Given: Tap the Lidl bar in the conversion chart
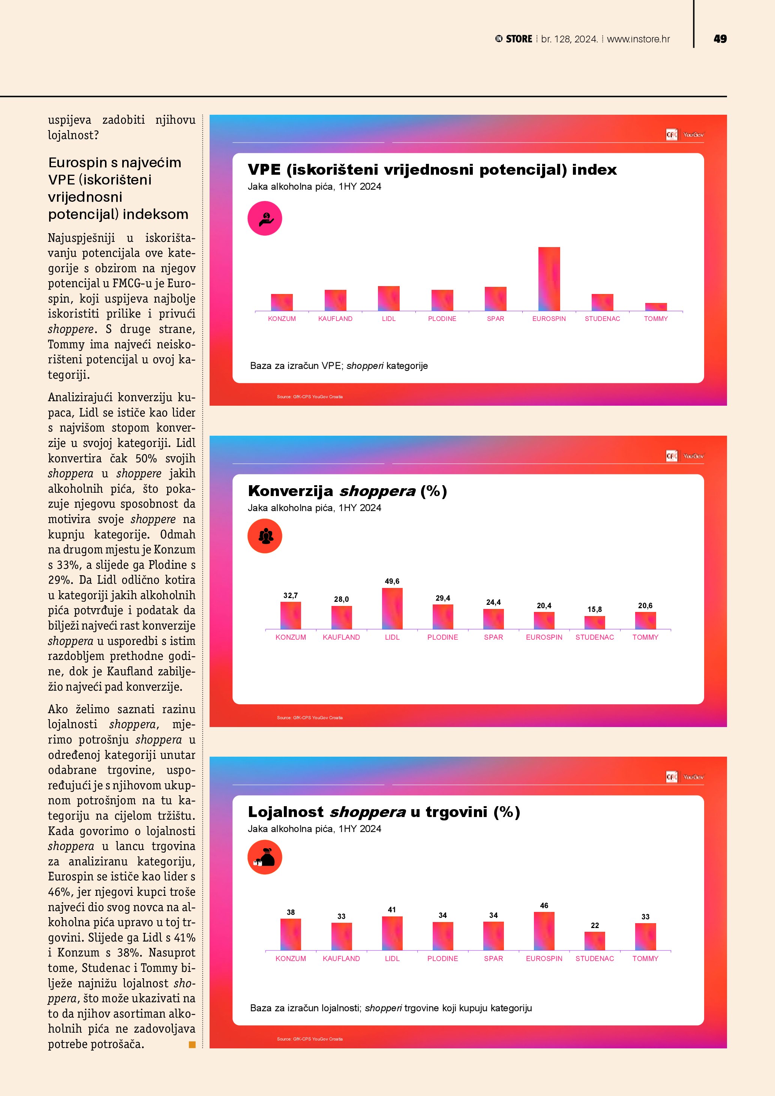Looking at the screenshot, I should pyautogui.click(x=392, y=608).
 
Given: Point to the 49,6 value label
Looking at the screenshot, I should pyautogui.click(x=392, y=581).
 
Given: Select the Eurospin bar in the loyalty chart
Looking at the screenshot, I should pyautogui.click(x=544, y=931).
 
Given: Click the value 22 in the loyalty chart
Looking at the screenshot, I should pyautogui.click(x=595, y=925).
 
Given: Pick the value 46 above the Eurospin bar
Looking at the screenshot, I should pyautogui.click(x=544, y=906).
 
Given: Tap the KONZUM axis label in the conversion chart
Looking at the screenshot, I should pyautogui.click(x=291, y=637).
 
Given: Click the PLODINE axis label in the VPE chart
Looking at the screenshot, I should pyautogui.click(x=442, y=319).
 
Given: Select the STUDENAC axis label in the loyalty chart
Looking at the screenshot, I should pyautogui.click(x=595, y=958).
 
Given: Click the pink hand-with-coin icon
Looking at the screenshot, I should pyautogui.click(x=265, y=219).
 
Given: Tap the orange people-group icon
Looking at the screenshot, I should pyautogui.click(x=265, y=536).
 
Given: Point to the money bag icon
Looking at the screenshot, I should pyautogui.click(x=265, y=857).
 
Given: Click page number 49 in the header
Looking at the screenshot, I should pyautogui.click(x=720, y=39).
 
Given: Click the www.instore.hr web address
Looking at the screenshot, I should pyautogui.click(x=638, y=39).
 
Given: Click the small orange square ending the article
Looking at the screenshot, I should pyautogui.click(x=192, y=1045).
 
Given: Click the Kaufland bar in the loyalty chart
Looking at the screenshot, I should pyautogui.click(x=341, y=936).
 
